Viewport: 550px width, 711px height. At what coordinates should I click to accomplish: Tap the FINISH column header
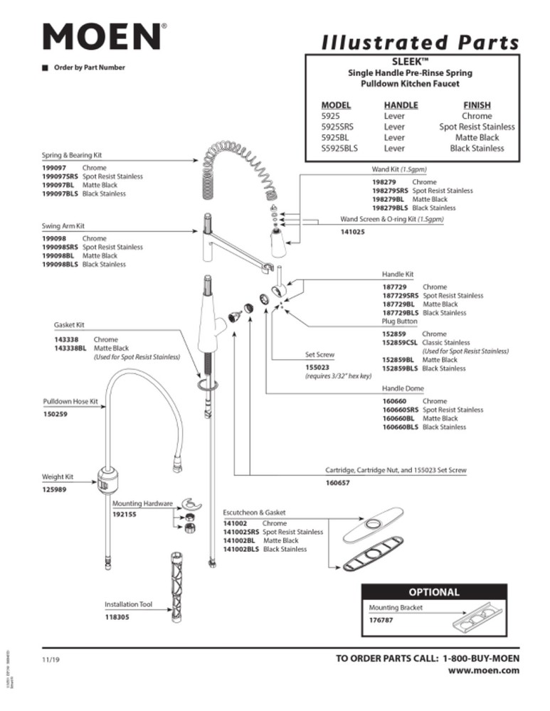pyautogui.click(x=477, y=105)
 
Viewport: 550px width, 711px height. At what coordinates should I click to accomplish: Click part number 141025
pyautogui.click(x=352, y=232)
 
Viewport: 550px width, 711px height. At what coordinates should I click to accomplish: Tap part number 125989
pyautogui.click(x=56, y=489)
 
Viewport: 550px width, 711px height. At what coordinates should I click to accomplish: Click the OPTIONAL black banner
pyautogui.click(x=433, y=592)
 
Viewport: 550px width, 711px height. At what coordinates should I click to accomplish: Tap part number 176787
pyautogui.click(x=381, y=620)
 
